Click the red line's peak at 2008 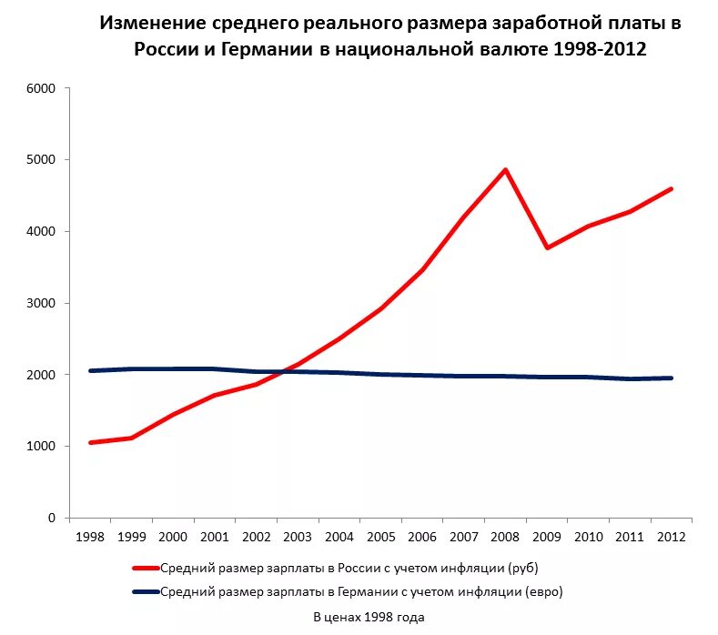(505, 169)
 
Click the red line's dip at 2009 (546, 247)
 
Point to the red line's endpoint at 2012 (671, 188)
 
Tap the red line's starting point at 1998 (90, 442)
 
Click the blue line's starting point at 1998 (90, 370)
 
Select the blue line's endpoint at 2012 (671, 378)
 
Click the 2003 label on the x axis (298, 536)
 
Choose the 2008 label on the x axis (505, 536)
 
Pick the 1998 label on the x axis (90, 536)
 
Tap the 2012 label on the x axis (671, 536)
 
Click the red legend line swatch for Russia (146, 568)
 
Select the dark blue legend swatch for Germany (146, 591)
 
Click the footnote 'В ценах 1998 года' (369, 617)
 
